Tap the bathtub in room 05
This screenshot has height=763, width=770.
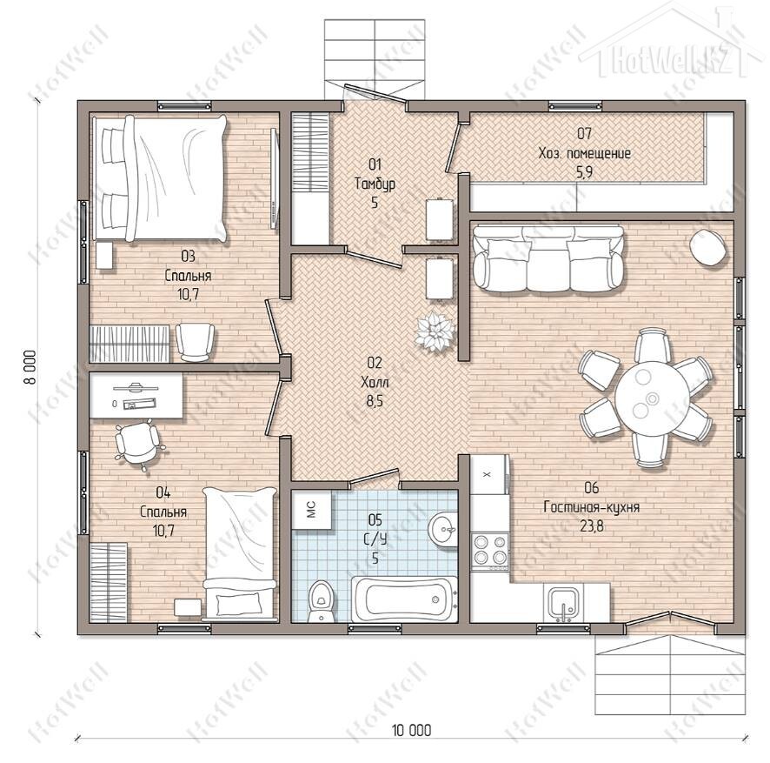[404, 599]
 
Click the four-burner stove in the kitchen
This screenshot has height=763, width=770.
[489, 550]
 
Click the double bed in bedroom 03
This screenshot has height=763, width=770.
[161, 178]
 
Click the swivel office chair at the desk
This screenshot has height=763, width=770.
[138, 445]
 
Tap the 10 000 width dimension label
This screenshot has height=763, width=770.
[412, 730]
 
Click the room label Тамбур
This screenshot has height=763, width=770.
[375, 184]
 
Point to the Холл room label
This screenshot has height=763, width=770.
[375, 382]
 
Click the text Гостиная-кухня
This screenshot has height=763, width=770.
[592, 507]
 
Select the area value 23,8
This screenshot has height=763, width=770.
[592, 526]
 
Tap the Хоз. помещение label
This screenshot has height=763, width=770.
[584, 153]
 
